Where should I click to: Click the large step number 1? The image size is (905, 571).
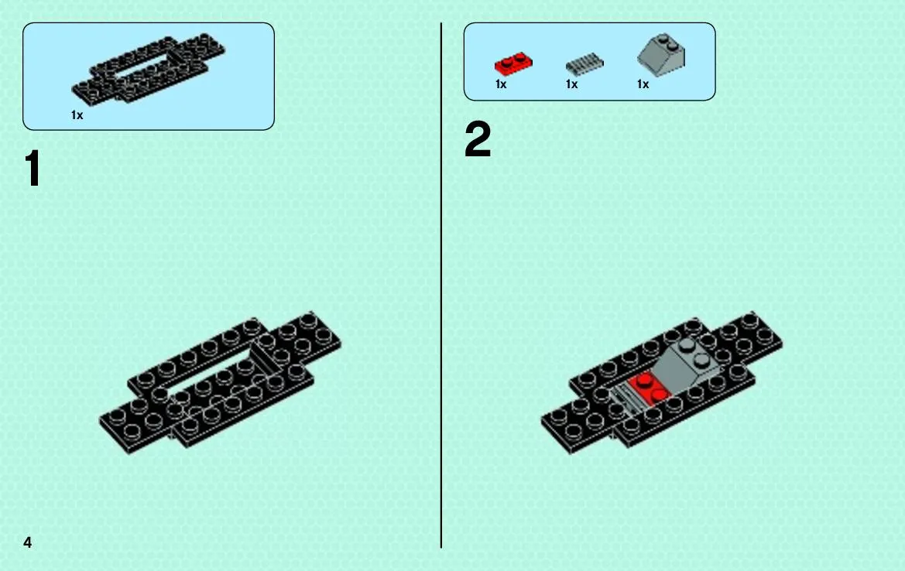(x=33, y=168)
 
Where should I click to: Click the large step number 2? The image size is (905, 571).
(x=478, y=139)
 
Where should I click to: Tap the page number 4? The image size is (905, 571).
(x=27, y=542)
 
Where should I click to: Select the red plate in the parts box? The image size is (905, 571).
(x=513, y=63)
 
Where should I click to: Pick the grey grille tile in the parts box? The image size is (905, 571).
(x=584, y=64)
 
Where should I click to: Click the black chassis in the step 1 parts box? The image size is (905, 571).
(x=148, y=68)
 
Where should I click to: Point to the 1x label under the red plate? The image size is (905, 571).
(x=501, y=84)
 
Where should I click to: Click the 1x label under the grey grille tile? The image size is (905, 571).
(x=571, y=84)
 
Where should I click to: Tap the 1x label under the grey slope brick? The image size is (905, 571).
(x=643, y=84)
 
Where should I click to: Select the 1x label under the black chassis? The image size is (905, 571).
(x=77, y=115)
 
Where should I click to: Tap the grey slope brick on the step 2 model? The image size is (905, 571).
(x=687, y=364)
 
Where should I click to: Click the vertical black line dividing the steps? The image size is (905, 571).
(x=441, y=285)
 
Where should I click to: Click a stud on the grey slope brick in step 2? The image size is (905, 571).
(x=687, y=346)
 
